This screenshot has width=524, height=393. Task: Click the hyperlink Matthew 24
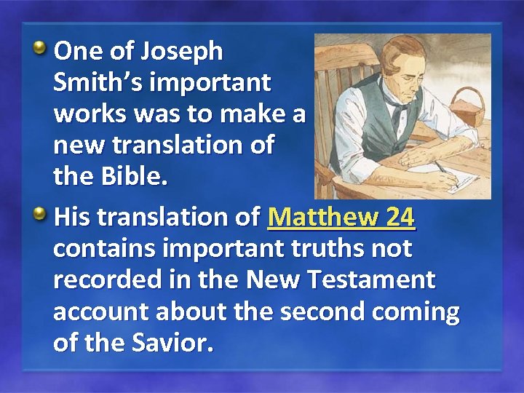(341, 217)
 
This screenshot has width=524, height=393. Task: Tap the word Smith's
(94, 83)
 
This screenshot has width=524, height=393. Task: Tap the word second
(320, 311)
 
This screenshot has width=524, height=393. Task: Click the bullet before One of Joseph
(41, 50)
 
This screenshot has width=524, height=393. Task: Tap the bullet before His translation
(41, 215)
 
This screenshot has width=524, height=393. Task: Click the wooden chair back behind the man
(342, 87)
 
